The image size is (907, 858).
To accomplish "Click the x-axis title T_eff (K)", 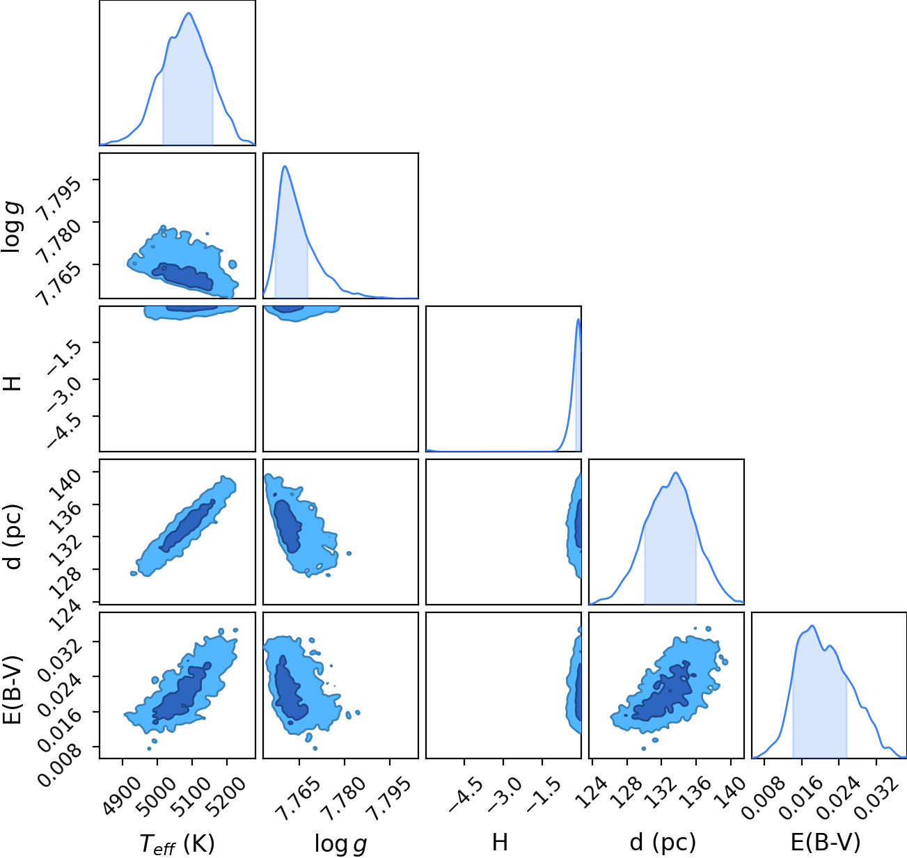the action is [178, 843].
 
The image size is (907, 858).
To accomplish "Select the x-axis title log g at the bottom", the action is [340, 844].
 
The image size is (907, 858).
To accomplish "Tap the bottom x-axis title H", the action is [500, 842].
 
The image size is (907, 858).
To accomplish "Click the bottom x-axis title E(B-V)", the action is [826, 843].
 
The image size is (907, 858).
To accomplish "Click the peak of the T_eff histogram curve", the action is [189, 13].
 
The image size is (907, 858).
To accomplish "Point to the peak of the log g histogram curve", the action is [285, 166].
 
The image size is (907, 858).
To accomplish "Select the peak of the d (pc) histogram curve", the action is [676, 472].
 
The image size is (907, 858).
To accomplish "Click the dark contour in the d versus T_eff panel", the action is [187, 525].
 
